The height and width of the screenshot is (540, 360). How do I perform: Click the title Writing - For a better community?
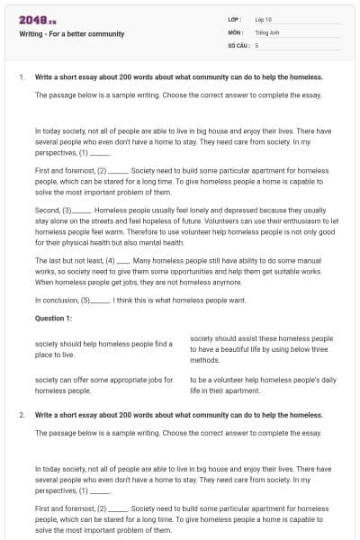tap(72, 34)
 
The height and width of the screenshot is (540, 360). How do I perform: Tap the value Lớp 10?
tap(264, 19)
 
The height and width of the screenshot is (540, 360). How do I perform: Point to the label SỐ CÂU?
tap(238, 44)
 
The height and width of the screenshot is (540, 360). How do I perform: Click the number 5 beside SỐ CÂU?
tap(256, 44)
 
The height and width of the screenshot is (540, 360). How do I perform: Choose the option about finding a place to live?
tap(103, 349)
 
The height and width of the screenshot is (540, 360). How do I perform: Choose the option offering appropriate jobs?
tap(103, 385)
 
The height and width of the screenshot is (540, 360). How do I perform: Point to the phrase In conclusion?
tap(57, 300)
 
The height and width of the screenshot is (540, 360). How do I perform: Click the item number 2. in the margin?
tap(22, 415)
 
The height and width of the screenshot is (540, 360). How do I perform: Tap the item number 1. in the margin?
tap(22, 76)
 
